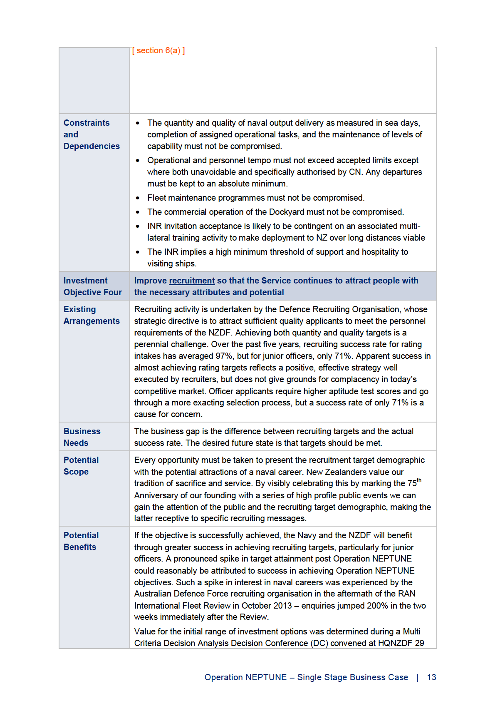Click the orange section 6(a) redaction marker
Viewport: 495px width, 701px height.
click(158, 51)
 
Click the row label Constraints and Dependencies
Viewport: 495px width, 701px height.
click(92, 134)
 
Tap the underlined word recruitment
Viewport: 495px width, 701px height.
click(192, 281)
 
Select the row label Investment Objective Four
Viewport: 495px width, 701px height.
click(92, 286)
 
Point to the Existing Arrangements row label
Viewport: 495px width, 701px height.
click(92, 315)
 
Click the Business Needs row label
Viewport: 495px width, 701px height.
click(82, 437)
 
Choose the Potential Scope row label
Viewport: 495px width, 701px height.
click(81, 466)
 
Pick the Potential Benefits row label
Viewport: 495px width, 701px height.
click(81, 541)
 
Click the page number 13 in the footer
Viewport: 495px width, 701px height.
click(431, 677)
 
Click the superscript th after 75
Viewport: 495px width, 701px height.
click(419, 480)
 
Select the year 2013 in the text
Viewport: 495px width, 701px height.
click(283, 606)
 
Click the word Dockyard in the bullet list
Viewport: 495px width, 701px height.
click(287, 212)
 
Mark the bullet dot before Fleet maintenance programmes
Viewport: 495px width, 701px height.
click(138, 198)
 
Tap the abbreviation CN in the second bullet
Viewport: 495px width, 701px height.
click(355, 172)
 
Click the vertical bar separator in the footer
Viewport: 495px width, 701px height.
click(417, 677)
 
